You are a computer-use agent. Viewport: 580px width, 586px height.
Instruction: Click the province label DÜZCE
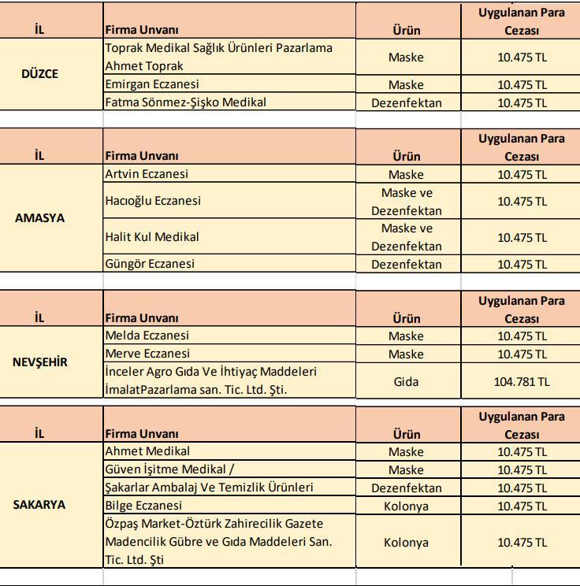(39, 73)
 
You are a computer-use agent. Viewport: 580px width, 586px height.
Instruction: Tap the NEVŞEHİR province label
(40, 362)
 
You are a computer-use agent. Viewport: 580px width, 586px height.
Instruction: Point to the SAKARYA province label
(39, 505)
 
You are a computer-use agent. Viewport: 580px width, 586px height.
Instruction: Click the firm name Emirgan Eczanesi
(152, 84)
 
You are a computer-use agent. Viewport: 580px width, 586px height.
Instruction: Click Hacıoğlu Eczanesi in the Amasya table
(153, 201)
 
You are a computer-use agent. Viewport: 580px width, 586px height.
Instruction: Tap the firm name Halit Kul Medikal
(152, 236)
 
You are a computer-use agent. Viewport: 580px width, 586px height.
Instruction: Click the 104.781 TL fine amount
(522, 381)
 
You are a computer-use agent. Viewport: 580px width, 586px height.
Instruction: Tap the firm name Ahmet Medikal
(147, 451)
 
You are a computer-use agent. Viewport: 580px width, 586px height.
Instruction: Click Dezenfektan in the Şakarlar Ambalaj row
(407, 488)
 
